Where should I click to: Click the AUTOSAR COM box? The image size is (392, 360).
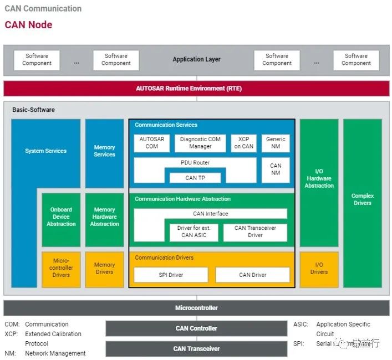pyautogui.click(x=151, y=143)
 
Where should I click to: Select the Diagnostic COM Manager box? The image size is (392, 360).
pyautogui.click(x=200, y=143)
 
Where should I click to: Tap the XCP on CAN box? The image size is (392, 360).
pyautogui.click(x=244, y=143)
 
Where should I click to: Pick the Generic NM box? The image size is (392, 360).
pyautogui.click(x=276, y=143)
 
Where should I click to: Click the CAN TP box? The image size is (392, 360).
pyautogui.click(x=195, y=178)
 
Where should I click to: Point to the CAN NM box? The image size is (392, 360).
pyautogui.click(x=276, y=169)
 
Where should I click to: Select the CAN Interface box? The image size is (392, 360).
pyautogui.click(x=211, y=214)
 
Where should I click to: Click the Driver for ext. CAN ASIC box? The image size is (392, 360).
pyautogui.click(x=194, y=232)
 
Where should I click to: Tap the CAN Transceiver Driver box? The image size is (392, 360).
pyautogui.click(x=255, y=232)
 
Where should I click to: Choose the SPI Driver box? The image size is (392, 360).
pyautogui.click(x=171, y=275)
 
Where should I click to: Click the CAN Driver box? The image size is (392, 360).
pyautogui.click(x=252, y=275)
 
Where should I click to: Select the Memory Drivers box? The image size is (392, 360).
pyautogui.click(x=104, y=269)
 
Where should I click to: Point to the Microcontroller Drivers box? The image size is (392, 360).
pyautogui.click(x=61, y=269)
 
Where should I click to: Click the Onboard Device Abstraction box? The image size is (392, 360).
pyautogui.click(x=61, y=217)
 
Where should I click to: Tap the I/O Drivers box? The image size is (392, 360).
pyautogui.click(x=319, y=269)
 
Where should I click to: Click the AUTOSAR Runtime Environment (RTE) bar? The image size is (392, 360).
pyautogui.click(x=196, y=89)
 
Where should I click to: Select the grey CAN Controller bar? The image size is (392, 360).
pyautogui.click(x=196, y=328)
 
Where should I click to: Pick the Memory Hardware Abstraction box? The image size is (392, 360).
pyautogui.click(x=104, y=217)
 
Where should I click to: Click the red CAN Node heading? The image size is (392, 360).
pyautogui.click(x=29, y=24)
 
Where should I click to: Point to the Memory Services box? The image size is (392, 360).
pyautogui.click(x=104, y=151)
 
